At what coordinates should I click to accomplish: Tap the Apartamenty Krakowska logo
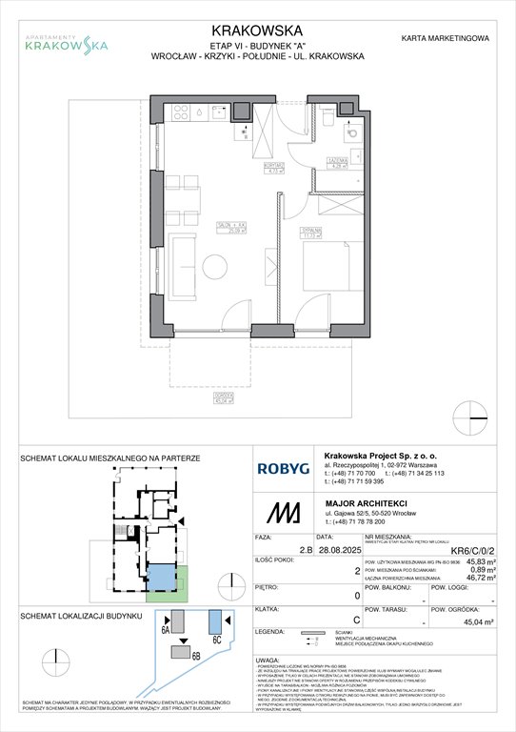(66, 39)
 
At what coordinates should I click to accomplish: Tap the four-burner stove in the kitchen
(180, 113)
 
